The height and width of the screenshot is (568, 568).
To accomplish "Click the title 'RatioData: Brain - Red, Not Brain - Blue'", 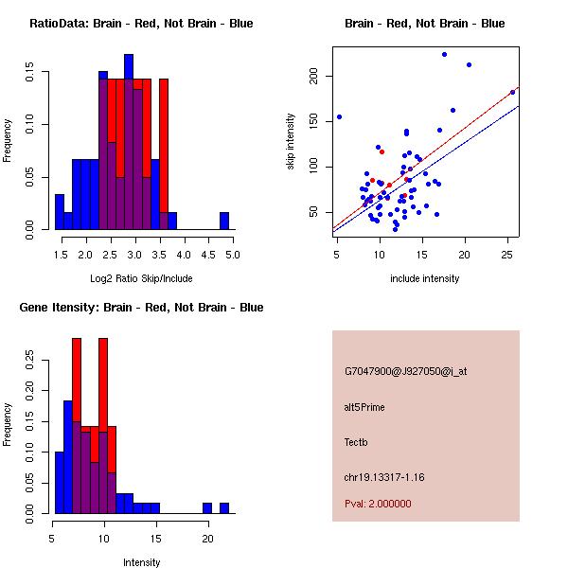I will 141,24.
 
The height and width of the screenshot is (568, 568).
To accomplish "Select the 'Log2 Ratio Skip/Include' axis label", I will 141,278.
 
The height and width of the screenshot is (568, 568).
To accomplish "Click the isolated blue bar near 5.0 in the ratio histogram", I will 224,221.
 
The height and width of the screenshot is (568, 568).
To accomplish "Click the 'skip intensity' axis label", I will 291,142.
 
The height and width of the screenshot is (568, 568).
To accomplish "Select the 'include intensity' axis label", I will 425,278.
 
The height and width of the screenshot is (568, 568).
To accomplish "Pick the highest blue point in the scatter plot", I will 444,55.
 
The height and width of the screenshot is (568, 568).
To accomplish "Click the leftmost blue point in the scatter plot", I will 339,116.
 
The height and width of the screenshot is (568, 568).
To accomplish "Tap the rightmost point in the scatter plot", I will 512,92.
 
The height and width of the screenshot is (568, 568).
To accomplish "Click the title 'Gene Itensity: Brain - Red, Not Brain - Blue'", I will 141,308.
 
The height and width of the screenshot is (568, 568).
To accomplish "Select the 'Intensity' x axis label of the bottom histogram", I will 141,562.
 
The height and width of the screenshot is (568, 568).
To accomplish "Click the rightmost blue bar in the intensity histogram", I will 224,507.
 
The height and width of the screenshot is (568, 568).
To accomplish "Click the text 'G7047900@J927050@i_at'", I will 405,371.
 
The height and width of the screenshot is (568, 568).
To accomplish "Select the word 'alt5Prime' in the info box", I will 364,407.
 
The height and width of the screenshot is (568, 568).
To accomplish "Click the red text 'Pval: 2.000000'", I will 378,504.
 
